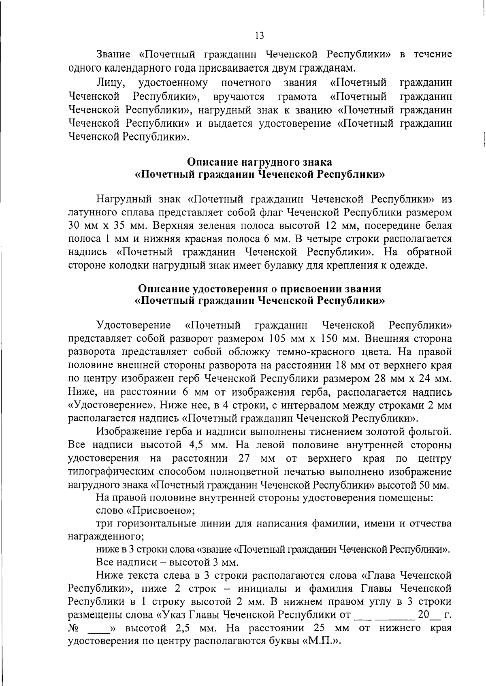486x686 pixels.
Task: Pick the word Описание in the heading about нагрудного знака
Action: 211,162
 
